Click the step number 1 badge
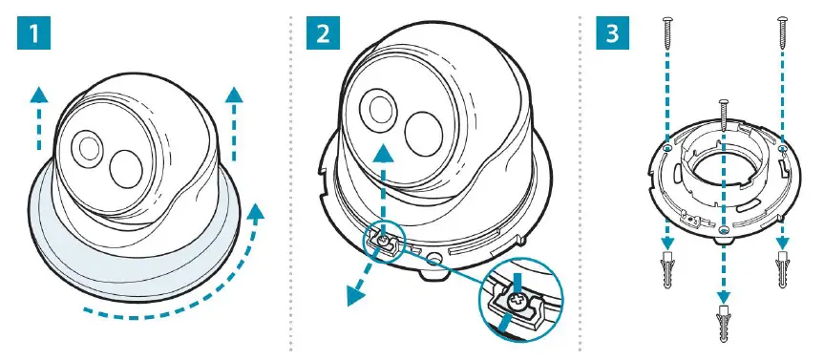[33, 36]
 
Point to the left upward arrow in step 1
[37, 115]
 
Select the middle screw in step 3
[724, 119]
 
